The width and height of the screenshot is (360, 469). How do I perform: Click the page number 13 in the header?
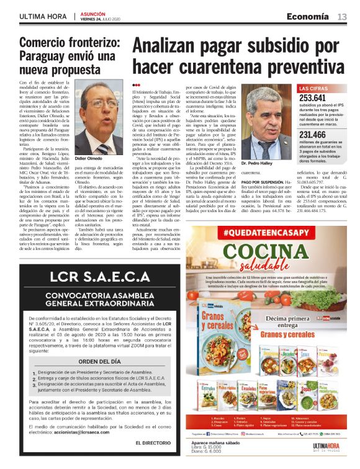tap(342, 17)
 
